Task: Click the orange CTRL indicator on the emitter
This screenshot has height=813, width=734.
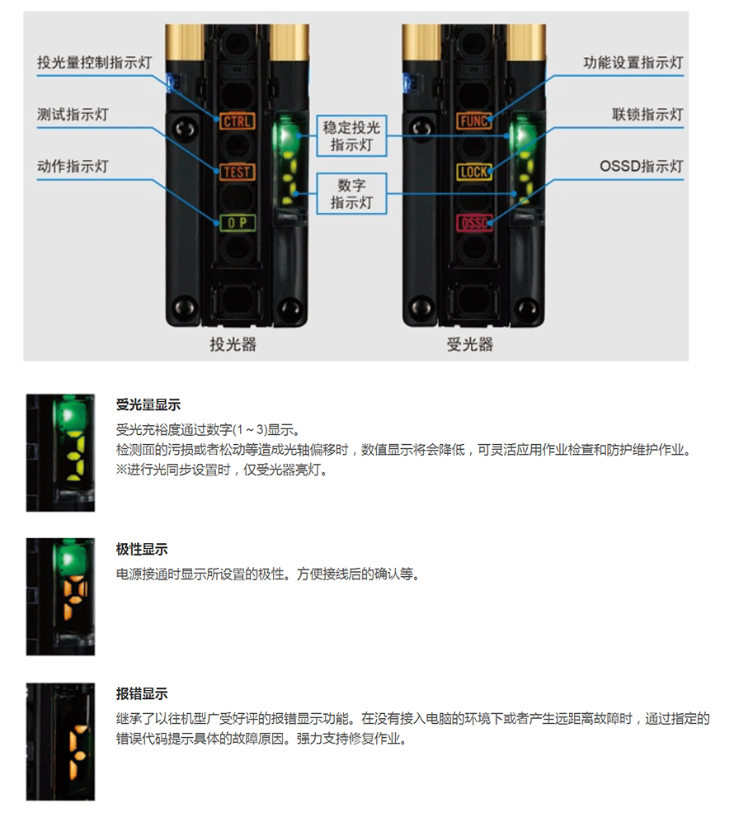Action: click(237, 121)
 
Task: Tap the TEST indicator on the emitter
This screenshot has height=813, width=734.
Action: click(237, 172)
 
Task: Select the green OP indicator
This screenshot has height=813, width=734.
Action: click(237, 222)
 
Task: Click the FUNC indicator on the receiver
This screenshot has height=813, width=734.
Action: click(473, 121)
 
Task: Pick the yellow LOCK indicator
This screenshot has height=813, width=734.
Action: click(473, 172)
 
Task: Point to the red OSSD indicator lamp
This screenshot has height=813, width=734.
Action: click(473, 223)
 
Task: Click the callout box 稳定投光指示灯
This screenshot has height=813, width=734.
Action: click(351, 136)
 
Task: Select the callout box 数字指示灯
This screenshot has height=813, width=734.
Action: click(351, 193)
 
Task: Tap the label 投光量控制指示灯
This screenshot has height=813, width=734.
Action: click(94, 63)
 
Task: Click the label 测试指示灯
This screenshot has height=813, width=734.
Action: click(73, 115)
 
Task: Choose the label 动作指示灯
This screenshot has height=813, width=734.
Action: click(73, 167)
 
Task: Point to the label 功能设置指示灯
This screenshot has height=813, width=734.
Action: click(633, 63)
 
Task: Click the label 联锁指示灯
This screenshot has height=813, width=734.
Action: click(647, 115)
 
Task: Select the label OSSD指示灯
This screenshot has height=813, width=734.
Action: click(642, 167)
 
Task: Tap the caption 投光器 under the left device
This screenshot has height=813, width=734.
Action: click(233, 344)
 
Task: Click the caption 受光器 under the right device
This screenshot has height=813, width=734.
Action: click(470, 344)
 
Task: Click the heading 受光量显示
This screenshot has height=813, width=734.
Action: click(148, 405)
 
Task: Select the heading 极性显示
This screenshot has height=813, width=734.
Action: click(142, 549)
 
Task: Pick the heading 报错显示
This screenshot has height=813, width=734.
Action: click(142, 694)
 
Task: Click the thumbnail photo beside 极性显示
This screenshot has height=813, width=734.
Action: click(60, 597)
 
